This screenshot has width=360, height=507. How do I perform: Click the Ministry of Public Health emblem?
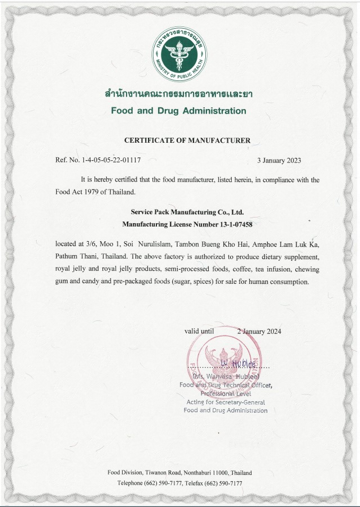179,55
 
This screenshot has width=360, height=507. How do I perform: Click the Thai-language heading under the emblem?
178,93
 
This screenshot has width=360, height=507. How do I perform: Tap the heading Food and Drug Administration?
178,111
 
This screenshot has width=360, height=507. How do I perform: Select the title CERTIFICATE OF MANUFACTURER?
187,140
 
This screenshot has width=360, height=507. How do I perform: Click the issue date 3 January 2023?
279,160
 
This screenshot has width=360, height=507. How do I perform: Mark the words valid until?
200,331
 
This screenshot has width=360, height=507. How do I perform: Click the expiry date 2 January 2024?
259,331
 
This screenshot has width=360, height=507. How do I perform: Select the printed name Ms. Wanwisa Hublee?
226,376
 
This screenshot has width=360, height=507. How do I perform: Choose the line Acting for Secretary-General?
226,402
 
